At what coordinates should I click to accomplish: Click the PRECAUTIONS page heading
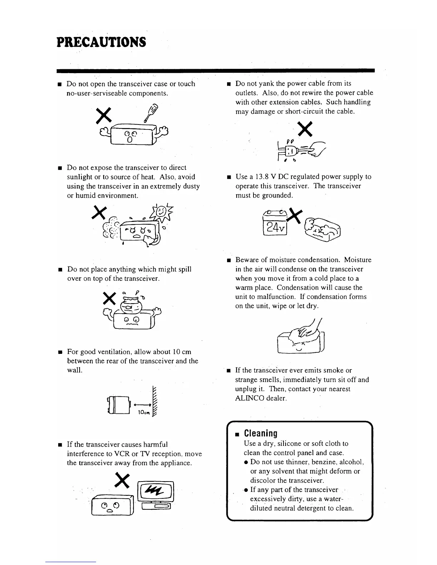[101, 42]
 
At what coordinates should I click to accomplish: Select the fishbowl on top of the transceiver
[132, 303]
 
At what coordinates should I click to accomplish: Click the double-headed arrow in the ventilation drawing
[141, 405]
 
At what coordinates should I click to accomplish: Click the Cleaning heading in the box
[261, 433]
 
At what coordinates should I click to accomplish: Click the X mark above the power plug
[306, 129]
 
